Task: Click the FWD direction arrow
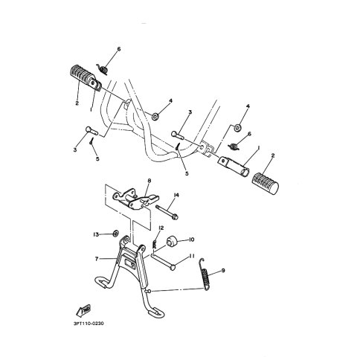[83, 310]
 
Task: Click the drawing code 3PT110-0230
[89, 324]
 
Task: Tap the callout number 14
[176, 196]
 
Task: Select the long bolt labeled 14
[167, 212]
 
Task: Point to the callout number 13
[96, 234]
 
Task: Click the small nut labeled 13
[115, 234]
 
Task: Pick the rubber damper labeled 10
[172, 241]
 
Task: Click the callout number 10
[191, 240]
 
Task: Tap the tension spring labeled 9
[205, 274]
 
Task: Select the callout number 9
[223, 270]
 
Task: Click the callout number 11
[192, 256]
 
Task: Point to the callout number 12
[161, 228]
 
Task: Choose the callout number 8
[150, 181]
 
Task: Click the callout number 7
[97, 259]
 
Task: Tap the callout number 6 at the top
[119, 49]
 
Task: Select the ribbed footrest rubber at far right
[265, 184]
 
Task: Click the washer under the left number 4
[155, 116]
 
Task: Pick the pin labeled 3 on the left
[91, 131]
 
